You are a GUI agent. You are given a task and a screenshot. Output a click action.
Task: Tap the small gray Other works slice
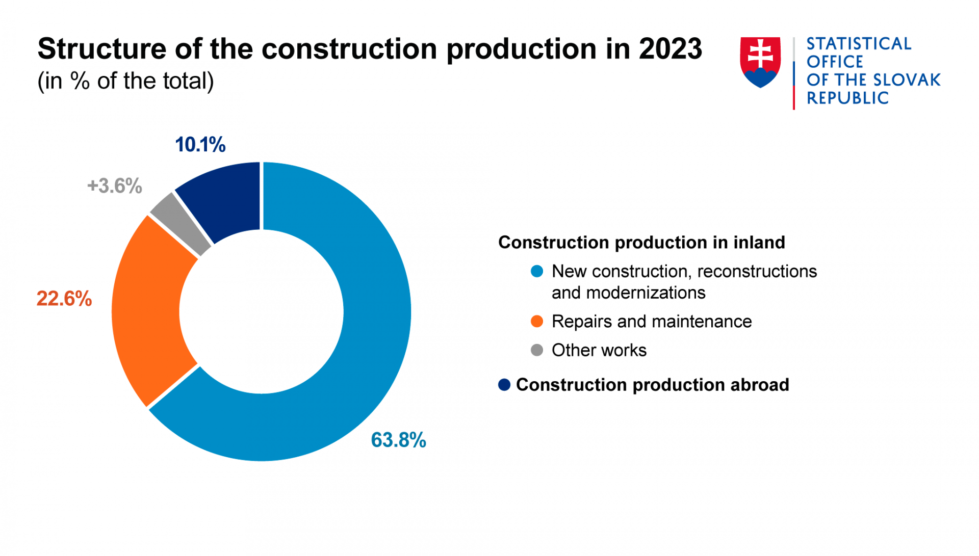(179, 224)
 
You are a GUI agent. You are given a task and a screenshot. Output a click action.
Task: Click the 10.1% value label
(200, 145)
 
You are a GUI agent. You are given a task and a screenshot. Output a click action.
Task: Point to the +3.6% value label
(115, 186)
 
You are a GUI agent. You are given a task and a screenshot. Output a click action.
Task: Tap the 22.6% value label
(64, 299)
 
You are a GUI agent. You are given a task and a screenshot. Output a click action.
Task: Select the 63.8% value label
(398, 440)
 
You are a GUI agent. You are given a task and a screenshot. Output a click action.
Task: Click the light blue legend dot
(537, 271)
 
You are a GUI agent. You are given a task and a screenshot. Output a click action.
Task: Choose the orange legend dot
(537, 322)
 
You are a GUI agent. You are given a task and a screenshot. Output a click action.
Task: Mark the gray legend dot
(537, 350)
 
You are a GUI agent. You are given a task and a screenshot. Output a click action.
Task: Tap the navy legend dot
(504, 385)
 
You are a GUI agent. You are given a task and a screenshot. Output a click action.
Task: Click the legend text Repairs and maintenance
(651, 322)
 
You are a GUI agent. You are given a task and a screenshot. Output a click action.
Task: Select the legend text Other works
(599, 350)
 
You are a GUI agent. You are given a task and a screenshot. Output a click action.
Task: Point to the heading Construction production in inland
(641, 243)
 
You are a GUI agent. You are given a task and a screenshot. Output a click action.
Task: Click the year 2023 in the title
(670, 49)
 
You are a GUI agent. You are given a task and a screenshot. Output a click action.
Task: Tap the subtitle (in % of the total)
(126, 81)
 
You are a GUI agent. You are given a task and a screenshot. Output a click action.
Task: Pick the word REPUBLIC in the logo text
(847, 98)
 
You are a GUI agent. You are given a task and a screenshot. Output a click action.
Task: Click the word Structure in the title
(102, 49)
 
